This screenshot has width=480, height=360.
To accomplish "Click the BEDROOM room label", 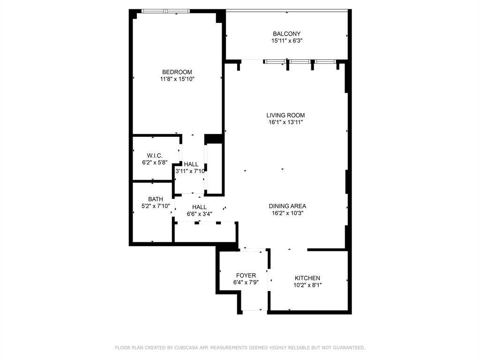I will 177,72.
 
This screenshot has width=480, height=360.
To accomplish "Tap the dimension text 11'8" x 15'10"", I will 177,79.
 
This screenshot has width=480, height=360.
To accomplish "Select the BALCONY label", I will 286,34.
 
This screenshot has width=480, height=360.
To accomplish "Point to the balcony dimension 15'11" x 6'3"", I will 286,41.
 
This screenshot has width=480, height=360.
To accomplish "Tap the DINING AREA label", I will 287,206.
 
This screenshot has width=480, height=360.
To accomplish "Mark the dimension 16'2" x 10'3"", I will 287,213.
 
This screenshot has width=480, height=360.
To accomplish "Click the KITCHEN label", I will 307,278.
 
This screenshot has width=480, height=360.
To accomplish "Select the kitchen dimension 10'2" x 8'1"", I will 307,285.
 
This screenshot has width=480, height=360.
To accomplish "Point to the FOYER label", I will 246,275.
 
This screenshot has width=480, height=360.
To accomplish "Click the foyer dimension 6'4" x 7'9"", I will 246,282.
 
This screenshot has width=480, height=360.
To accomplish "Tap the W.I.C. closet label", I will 154,156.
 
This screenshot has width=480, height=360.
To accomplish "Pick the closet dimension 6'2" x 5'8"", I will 154,163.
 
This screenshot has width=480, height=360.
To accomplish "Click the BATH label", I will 155,199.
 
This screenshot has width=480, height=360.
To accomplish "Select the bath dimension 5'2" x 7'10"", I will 155,206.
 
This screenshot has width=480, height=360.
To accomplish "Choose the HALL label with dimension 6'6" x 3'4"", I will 199,207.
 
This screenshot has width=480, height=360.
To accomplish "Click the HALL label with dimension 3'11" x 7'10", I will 191,164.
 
